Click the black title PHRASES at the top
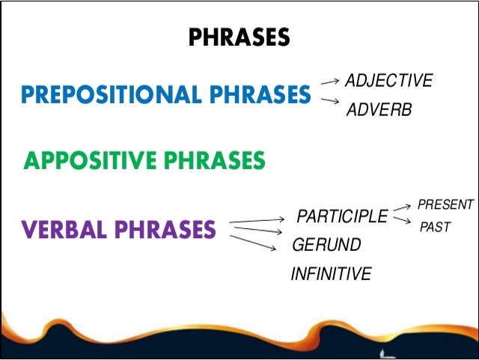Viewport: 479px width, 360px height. click(238, 37)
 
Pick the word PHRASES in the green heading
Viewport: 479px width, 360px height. click(216, 160)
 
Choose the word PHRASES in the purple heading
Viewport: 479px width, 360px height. click(166, 228)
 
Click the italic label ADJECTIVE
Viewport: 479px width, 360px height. click(388, 81)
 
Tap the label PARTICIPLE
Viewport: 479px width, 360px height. click(342, 217)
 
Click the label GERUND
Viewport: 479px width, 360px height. click(326, 245)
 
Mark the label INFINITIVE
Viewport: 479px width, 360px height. click(331, 274)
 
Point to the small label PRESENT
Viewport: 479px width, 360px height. click(445, 204)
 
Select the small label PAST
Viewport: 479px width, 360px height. click(435, 227)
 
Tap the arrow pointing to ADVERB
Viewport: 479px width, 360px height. click(329, 100)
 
